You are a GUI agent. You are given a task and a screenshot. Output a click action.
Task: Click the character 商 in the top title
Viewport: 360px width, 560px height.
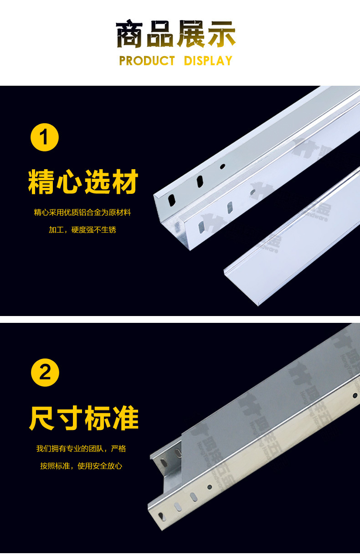click(x=131, y=35)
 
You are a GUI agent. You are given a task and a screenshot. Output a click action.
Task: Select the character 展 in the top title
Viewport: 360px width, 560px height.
click(x=191, y=35)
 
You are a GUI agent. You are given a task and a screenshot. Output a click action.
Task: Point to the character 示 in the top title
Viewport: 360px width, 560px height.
click(x=221, y=35)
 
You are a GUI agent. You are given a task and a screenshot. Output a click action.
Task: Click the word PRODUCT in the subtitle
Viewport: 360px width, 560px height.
click(x=147, y=61)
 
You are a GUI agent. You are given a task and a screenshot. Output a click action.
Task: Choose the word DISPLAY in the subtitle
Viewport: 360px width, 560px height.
click(x=208, y=61)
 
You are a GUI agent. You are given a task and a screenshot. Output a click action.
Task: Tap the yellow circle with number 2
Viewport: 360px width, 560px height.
click(x=45, y=373)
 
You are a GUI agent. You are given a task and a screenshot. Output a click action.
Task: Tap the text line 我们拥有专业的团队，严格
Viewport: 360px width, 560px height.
click(x=81, y=449)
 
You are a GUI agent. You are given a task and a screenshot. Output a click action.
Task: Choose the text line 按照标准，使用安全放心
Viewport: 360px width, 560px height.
click(x=81, y=466)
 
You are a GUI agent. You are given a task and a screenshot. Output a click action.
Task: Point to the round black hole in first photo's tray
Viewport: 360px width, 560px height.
click(x=222, y=166)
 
